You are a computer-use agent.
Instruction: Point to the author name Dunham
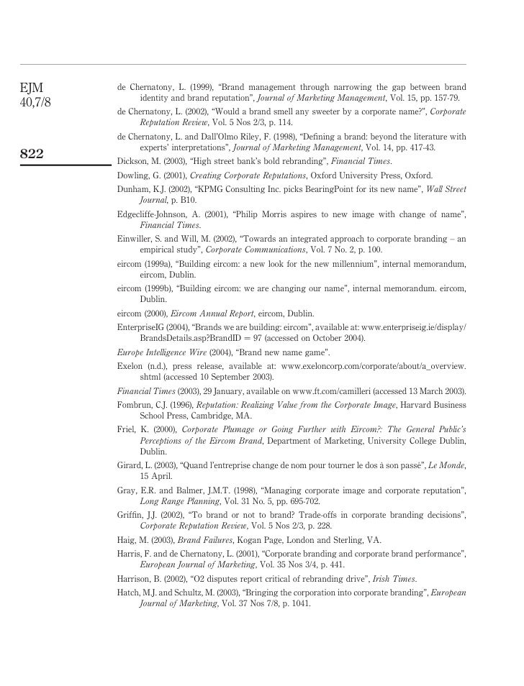134,189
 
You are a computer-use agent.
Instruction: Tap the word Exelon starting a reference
132,366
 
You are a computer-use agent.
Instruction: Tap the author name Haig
127,540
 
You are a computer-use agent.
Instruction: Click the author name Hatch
130,593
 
